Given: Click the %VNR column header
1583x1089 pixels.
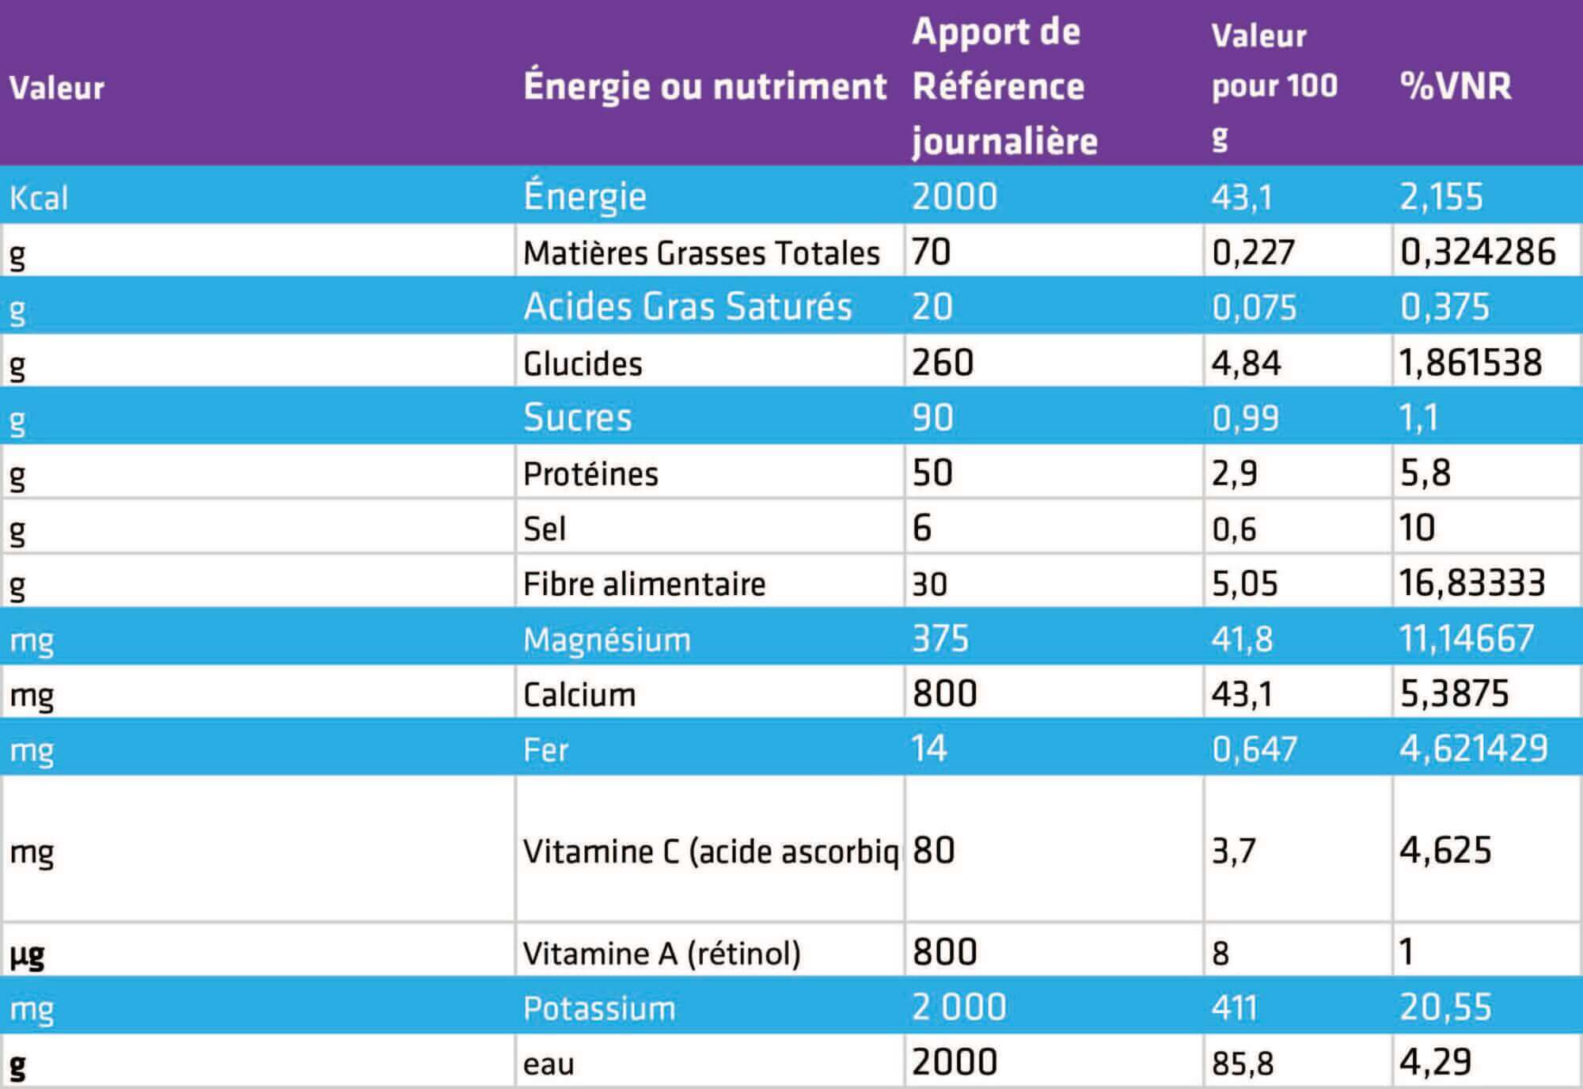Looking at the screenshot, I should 1455,85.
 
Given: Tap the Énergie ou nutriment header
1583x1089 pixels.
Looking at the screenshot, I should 704,85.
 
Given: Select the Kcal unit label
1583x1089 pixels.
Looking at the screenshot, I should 39,197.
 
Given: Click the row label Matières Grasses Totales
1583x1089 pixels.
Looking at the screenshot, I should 701,253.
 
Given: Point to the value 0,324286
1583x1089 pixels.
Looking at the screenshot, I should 1478,252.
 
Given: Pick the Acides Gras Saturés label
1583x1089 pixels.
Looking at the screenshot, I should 687,307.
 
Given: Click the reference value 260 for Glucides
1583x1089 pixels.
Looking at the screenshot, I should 942,362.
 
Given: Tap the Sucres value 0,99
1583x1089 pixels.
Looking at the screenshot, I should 1245,418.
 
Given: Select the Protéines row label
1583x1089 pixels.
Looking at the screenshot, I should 590,474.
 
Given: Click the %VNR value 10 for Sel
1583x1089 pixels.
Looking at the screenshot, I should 1417,528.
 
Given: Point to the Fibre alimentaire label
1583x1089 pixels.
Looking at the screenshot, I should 644,584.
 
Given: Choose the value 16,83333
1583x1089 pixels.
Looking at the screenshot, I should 1471,583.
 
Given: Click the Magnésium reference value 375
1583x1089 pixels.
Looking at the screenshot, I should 940,639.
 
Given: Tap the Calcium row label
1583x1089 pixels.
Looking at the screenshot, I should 579,695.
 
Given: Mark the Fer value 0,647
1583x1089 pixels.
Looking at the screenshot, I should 1254,749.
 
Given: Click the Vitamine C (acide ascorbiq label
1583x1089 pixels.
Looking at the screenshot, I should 710,852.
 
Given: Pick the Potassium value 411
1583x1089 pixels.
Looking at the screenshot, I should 1234,1008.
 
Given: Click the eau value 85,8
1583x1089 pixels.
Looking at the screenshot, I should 1243,1064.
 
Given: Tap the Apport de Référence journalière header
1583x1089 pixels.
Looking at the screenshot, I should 1004,85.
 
